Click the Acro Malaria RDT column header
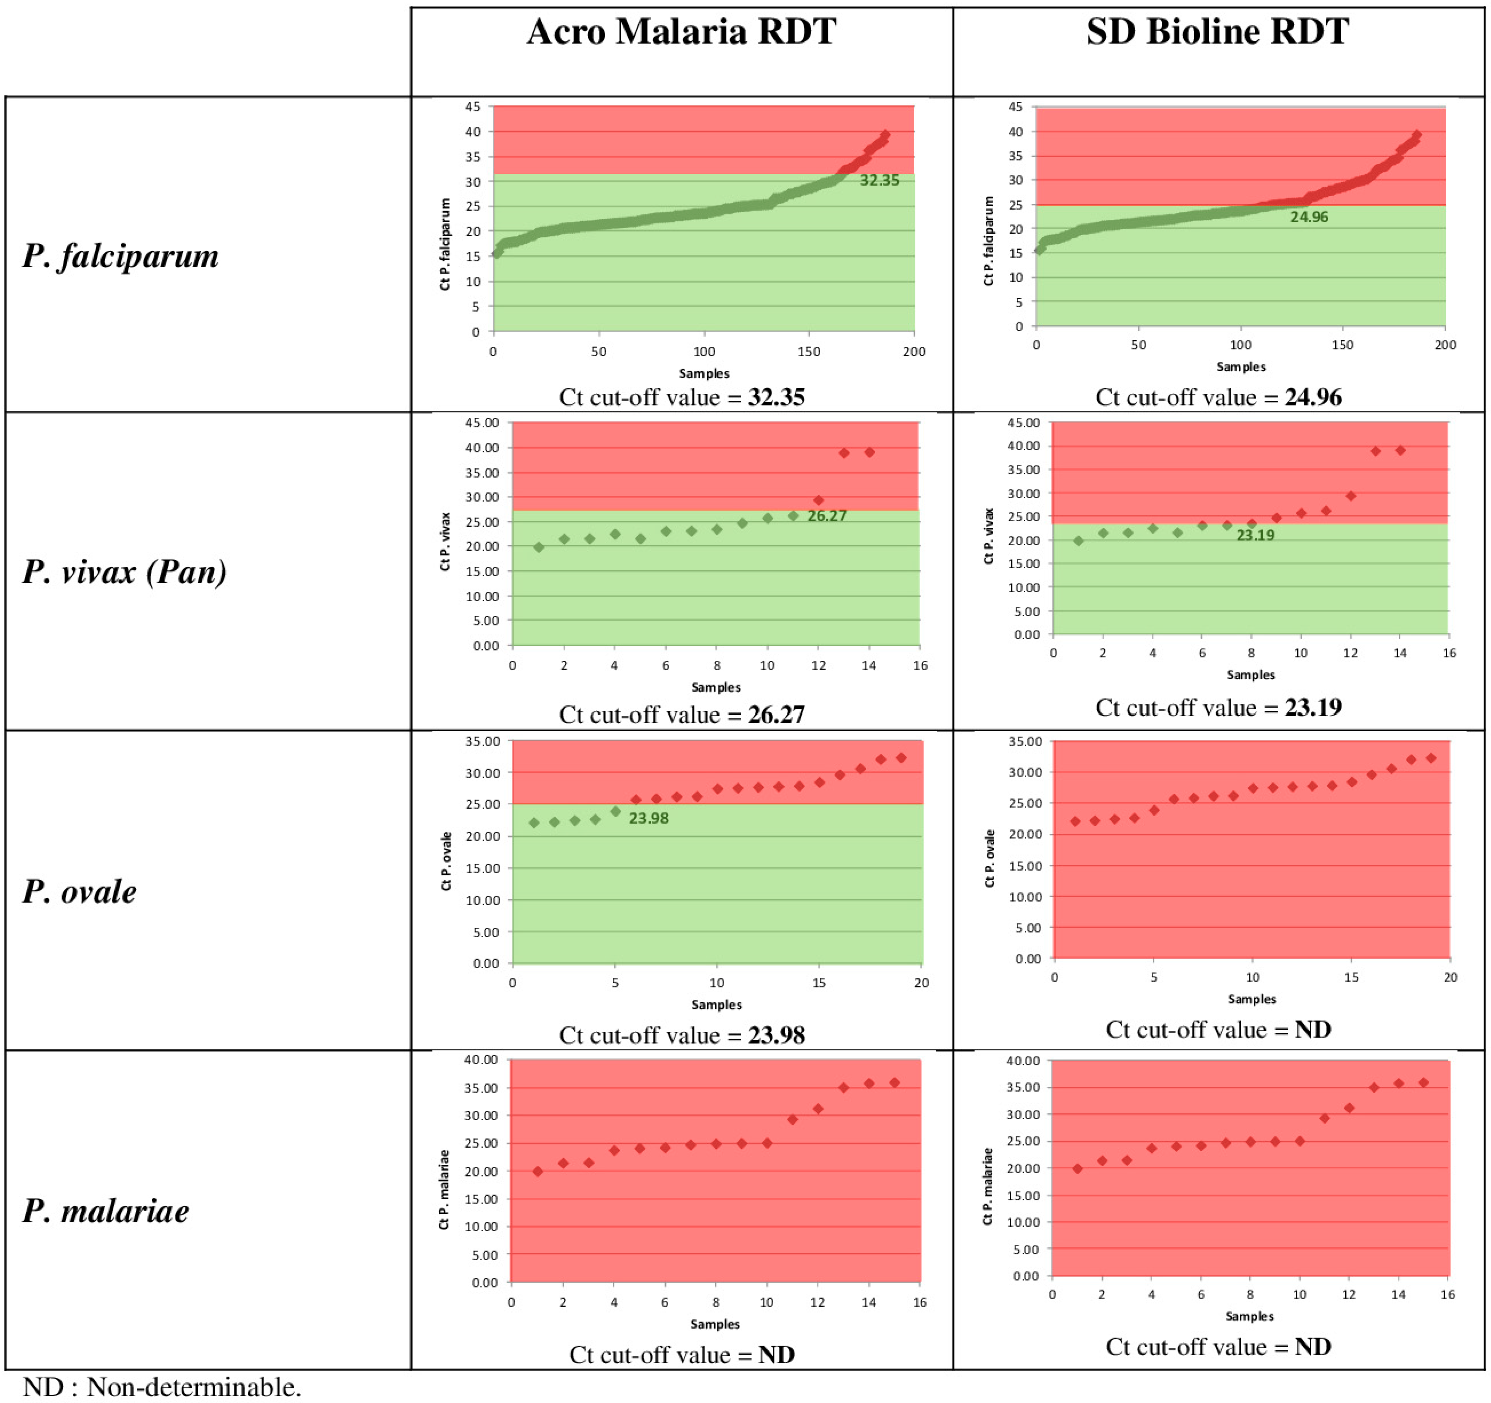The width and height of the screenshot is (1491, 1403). tap(681, 32)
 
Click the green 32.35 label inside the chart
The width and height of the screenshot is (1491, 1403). tap(879, 181)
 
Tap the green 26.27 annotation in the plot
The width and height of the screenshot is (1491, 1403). tap(826, 516)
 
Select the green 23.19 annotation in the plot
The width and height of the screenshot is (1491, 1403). tap(1255, 535)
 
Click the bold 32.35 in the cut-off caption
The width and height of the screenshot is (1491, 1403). tap(775, 397)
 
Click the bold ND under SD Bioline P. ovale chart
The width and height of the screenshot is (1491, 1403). tap(1313, 1030)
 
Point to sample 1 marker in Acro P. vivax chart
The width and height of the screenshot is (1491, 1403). tap(539, 547)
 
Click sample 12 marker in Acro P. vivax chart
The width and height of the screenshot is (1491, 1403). tap(818, 500)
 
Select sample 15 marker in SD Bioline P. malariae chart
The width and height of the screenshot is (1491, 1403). tap(1423, 1083)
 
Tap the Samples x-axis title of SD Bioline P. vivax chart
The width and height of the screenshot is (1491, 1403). tap(1250, 675)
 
